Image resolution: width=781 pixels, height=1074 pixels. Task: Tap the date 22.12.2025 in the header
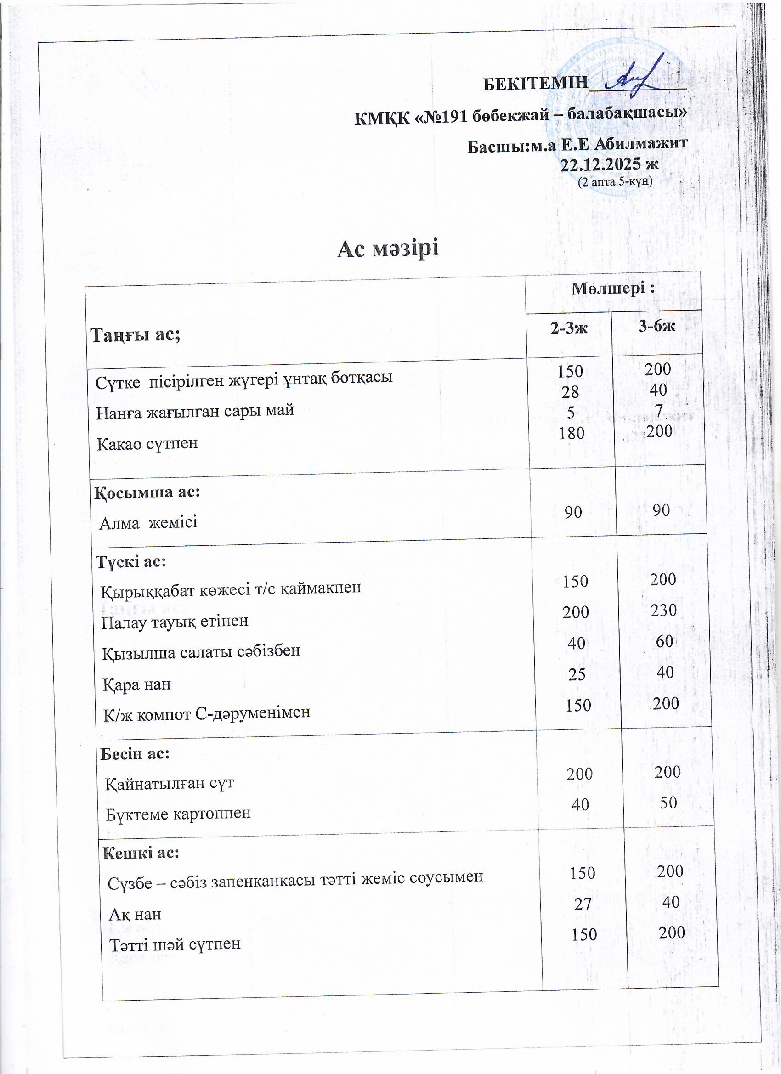(609, 164)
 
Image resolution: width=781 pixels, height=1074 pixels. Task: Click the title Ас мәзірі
(388, 249)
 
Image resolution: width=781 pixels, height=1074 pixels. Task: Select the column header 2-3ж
(569, 328)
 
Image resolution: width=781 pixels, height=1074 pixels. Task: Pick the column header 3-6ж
(656, 326)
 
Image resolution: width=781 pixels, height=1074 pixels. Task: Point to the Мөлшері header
(613, 288)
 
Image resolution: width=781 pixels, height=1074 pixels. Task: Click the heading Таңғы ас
(136, 335)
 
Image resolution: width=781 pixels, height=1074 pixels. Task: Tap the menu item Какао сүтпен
(147, 444)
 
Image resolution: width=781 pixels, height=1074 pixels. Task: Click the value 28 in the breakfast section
(570, 392)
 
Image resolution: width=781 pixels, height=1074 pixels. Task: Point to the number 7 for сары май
(658, 410)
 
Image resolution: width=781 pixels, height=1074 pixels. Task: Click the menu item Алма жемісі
(148, 523)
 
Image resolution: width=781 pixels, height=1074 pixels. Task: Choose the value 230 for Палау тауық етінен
(663, 610)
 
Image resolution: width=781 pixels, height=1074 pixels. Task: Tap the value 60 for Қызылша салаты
(664, 641)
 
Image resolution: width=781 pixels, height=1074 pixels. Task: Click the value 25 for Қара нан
(577, 674)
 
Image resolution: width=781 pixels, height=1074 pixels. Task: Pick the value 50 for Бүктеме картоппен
(668, 803)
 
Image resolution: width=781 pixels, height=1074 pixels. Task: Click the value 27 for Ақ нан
(583, 904)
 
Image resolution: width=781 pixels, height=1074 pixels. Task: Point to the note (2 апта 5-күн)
(615, 181)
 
